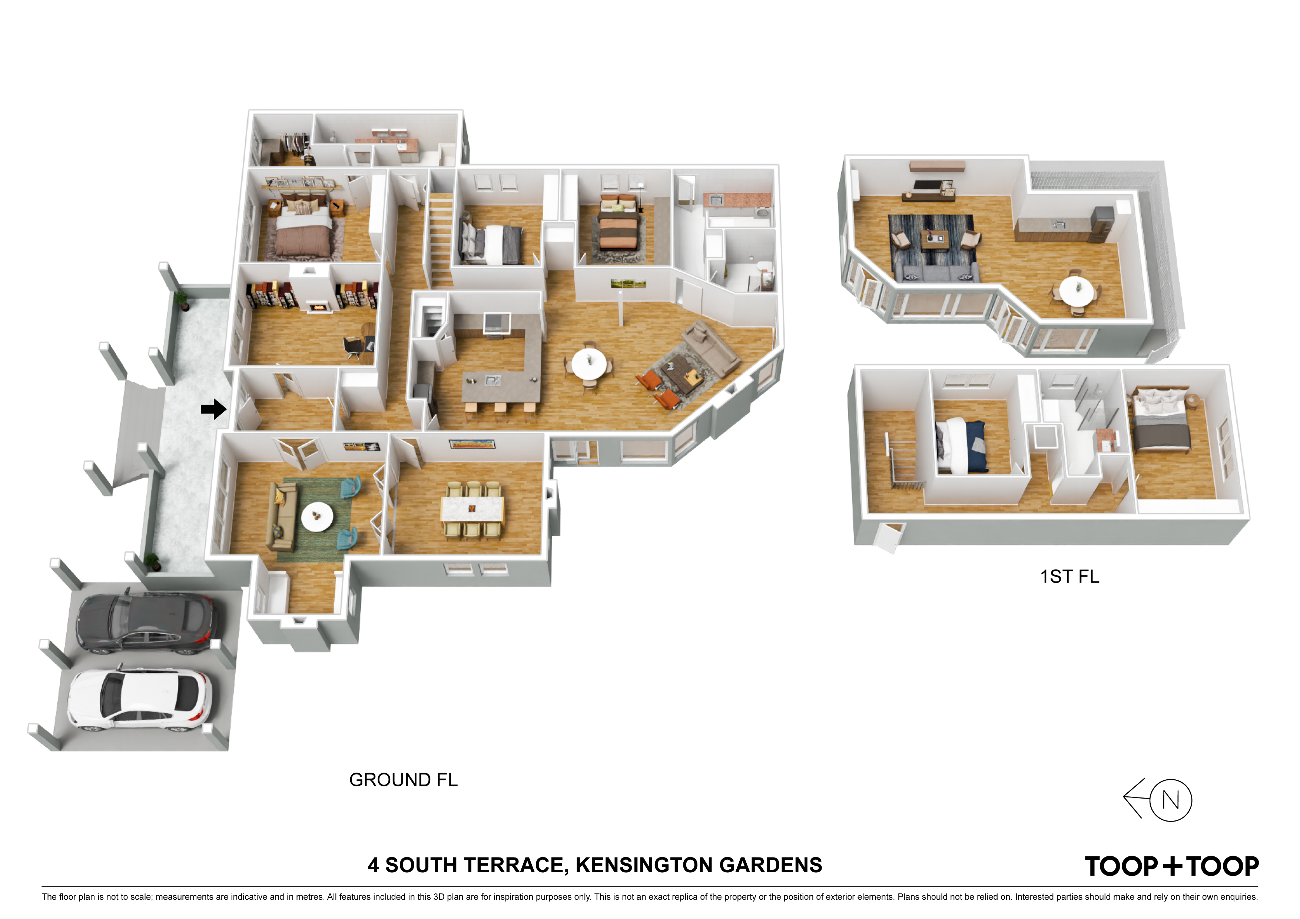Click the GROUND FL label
pos(403,780)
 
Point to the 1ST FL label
pos(1069,577)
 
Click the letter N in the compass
pos(1170,800)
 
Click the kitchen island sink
pos(490,380)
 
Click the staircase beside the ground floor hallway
pos(441,239)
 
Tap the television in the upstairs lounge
pos(926,185)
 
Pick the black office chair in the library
pos(353,346)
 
